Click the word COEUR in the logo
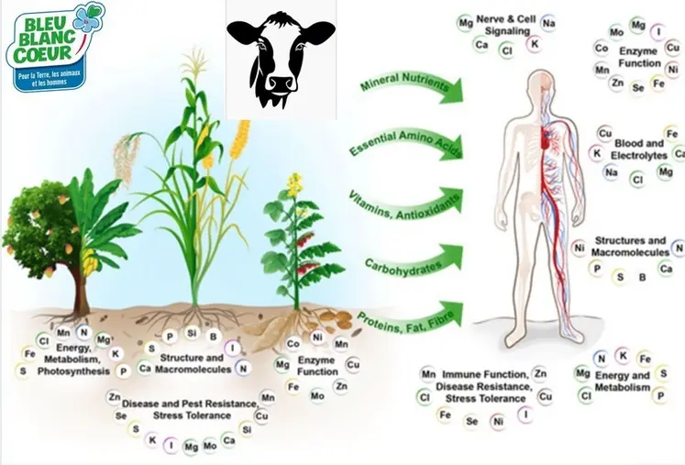tap(42, 53)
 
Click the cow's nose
tap(281, 83)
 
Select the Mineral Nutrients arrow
tap(411, 86)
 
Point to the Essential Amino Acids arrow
tap(406, 144)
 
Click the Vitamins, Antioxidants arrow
tap(405, 205)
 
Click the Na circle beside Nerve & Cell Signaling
tap(548, 23)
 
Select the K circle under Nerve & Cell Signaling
tap(535, 44)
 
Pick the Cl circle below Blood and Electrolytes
tap(638, 179)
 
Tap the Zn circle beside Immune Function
tap(540, 373)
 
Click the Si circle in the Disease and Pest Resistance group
tap(247, 430)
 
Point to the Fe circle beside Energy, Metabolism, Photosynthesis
tap(29, 353)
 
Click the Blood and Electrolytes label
tap(639, 149)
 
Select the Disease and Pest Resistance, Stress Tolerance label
tap(191, 409)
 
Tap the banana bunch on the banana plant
tap(90, 260)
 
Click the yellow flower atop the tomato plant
tap(295, 183)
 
